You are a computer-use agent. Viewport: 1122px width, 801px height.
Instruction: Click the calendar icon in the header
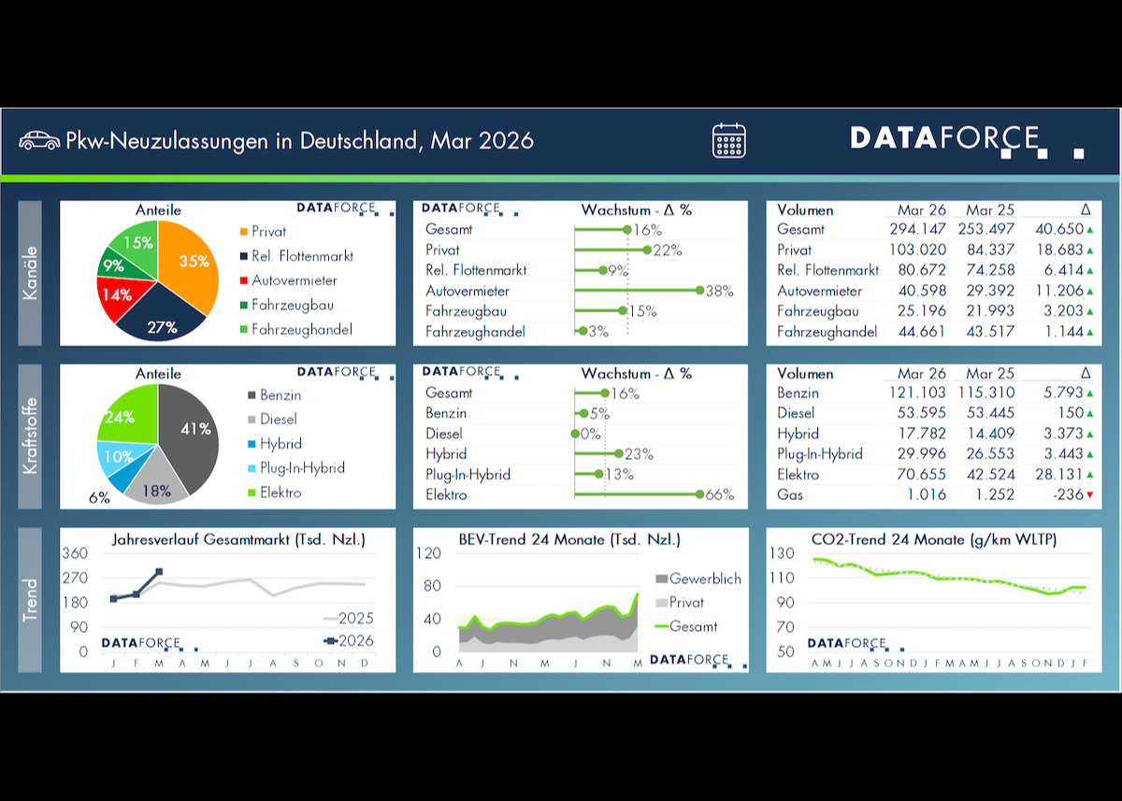729,140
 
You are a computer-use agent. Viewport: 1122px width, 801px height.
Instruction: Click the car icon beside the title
39,140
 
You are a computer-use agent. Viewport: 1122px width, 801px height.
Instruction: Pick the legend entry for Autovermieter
294,280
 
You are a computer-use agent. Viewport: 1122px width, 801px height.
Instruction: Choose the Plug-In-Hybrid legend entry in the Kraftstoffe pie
302,468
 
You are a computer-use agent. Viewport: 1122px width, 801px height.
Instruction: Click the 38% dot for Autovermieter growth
699,291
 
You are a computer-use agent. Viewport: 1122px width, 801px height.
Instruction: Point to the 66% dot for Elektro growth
699,494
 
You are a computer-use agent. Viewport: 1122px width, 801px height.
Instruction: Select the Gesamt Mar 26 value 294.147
916,229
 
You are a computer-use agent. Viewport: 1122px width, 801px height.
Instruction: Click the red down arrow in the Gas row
1090,494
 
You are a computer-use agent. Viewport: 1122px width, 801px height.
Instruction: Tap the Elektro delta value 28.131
1059,474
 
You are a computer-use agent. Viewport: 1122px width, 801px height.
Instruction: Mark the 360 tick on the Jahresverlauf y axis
76,553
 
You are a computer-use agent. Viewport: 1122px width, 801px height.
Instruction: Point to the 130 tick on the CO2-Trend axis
783,553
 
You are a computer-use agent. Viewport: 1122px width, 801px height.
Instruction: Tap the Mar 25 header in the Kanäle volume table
991,210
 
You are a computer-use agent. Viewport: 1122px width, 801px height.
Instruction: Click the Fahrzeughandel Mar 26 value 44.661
922,332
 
